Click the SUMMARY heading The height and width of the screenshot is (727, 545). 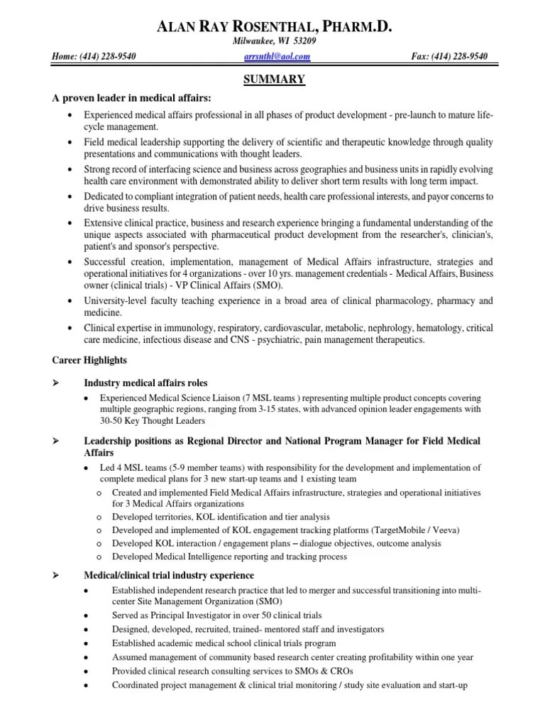pyautogui.click(x=274, y=80)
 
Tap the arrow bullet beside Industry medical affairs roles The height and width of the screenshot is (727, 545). pyautogui.click(x=56, y=383)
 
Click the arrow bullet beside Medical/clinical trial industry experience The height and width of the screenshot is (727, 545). pyautogui.click(x=56, y=575)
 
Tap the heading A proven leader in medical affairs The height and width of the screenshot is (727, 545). pyautogui.click(x=131, y=98)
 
